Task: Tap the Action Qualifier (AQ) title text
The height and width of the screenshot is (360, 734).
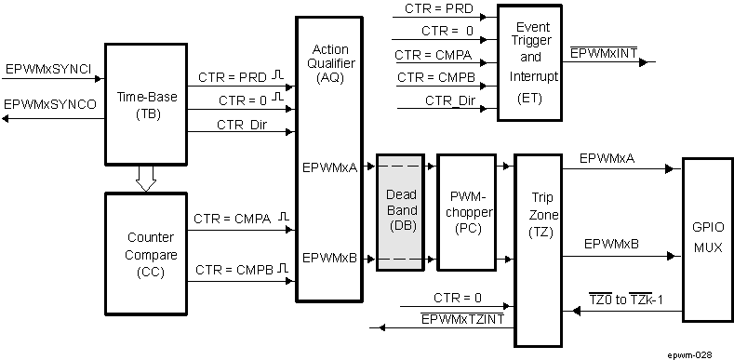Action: click(x=329, y=61)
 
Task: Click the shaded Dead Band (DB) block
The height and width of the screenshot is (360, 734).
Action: click(x=400, y=212)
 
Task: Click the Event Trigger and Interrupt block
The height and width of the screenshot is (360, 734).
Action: click(x=529, y=62)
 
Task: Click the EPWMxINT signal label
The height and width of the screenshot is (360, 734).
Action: click(x=603, y=54)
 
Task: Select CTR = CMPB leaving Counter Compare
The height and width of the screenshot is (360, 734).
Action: click(x=234, y=271)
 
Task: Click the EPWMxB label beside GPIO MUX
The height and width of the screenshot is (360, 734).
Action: click(x=609, y=244)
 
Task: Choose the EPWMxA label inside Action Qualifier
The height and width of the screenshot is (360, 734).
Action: click(x=329, y=168)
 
